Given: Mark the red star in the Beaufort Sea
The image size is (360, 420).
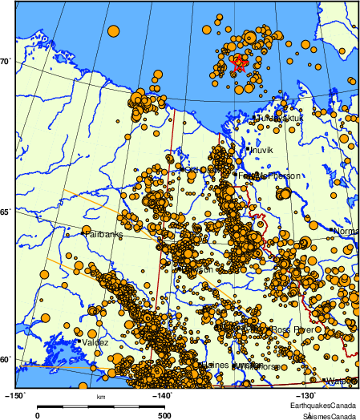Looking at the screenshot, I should coord(238,60).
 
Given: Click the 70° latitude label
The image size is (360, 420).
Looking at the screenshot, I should coord(6,62).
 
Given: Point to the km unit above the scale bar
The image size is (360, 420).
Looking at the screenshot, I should coord(100,397).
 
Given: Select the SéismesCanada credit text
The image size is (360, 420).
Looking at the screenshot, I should coord(329,417).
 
